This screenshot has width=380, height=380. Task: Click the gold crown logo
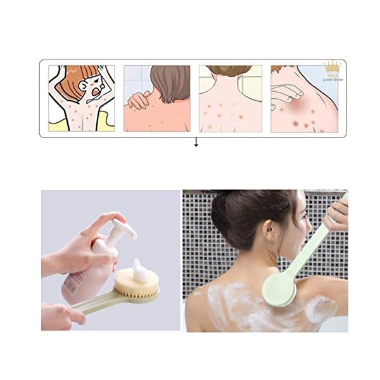(x=332, y=66)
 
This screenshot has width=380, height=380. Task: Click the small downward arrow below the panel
(x=196, y=143)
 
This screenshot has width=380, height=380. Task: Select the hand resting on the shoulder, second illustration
(x=138, y=100)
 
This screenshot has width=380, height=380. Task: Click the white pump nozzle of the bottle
(x=124, y=229)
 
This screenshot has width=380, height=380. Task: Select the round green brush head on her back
(x=279, y=291)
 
